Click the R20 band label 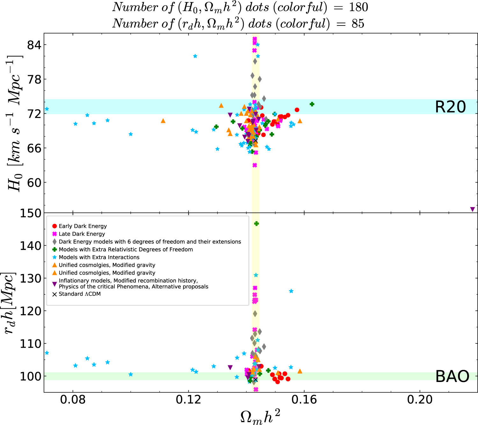[x=450, y=107]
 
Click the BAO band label [x=452, y=376]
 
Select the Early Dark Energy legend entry [x=83, y=226]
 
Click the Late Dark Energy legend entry [x=82, y=234]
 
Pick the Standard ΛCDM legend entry [x=79, y=294]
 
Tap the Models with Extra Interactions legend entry [x=99, y=257]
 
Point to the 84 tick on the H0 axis [x=34, y=45]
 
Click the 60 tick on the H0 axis [x=34, y=183]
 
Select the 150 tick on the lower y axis [x=31, y=213]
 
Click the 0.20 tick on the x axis [x=420, y=399]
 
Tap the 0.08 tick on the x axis [x=73, y=399]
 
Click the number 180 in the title [x=358, y=7]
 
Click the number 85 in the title [x=358, y=24]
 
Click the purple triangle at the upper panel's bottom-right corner [x=473, y=209]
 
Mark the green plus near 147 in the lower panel [x=257, y=224]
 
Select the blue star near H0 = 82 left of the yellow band [x=195, y=56]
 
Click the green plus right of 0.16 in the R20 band [x=312, y=104]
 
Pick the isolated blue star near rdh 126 [x=291, y=291]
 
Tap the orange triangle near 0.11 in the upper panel [x=163, y=121]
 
